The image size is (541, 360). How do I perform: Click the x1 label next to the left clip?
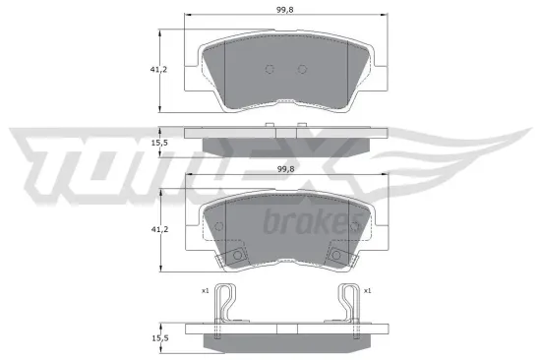pos(205,291)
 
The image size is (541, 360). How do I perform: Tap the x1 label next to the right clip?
pos(367,291)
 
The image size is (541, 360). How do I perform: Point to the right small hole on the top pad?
pos(302,69)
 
